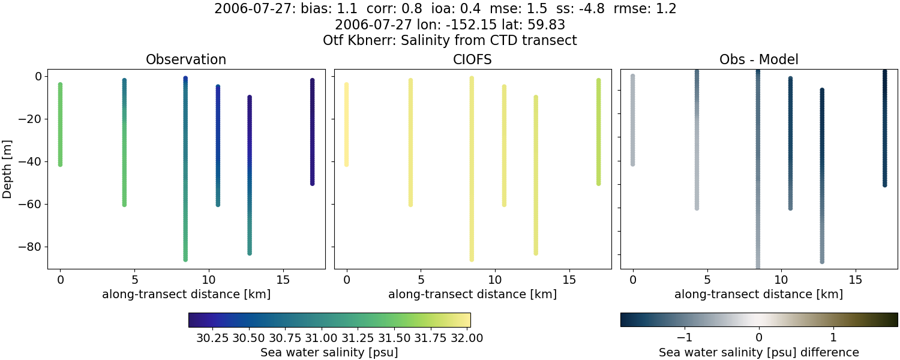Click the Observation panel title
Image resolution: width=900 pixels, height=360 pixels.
(x=186, y=59)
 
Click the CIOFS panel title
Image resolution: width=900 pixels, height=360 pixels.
(x=473, y=59)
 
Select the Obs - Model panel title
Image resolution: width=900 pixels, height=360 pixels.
(x=759, y=59)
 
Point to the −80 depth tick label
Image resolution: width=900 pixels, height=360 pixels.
(x=29, y=247)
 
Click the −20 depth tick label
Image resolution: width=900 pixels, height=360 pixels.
(x=29, y=119)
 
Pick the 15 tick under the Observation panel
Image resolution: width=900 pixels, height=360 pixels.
(x=283, y=280)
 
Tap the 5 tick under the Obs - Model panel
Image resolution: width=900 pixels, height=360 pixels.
(x=707, y=280)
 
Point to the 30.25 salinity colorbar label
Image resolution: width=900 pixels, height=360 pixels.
(x=213, y=338)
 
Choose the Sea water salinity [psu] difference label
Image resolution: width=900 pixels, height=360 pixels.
(x=759, y=352)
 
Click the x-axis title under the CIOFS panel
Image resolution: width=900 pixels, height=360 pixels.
(x=473, y=294)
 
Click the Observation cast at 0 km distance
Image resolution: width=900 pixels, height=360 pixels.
(x=60, y=124)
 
